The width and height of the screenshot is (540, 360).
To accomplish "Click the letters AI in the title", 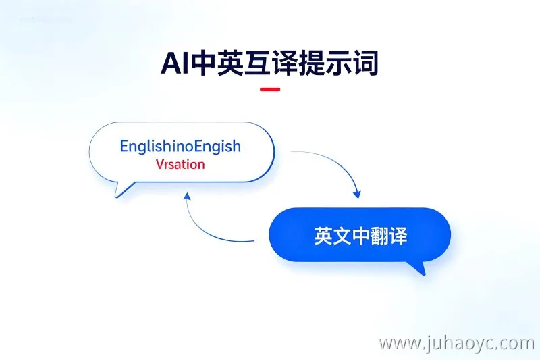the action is pos(175,63).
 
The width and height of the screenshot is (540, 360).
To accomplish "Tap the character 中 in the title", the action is pos(203,63).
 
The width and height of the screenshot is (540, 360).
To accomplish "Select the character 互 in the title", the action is pos(256,63).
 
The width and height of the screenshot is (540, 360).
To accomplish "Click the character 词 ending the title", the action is pos(365,63).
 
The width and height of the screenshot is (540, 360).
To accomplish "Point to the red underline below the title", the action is pos(270,90).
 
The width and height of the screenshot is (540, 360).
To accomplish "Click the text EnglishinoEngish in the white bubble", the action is pos(180,147).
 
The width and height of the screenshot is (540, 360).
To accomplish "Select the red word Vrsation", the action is pos(180,164).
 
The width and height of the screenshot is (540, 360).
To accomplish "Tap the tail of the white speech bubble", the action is pos(122,190).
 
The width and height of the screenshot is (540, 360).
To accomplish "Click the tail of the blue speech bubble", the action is pos(418,267).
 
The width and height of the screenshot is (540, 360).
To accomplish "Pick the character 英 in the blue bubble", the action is pos(323,236).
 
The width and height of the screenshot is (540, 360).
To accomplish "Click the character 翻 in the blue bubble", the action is pos(380,236).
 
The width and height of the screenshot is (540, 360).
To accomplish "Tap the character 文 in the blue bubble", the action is pos(342,236).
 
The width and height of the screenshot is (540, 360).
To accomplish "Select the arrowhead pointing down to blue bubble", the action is pos(358,194).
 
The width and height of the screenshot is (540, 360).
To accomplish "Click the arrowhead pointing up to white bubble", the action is pos(187,197).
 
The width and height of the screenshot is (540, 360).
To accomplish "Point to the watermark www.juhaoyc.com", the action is pos(456,343).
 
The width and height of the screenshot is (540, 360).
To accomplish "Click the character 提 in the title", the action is pos(311,63).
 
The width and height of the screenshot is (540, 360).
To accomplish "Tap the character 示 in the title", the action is pos(338,63).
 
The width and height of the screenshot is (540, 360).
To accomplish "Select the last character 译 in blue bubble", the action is pos(399,236).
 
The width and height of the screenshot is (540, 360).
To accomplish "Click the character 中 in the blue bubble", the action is pos(361,236).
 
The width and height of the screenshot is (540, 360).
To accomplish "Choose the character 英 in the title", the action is pos(230,63).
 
